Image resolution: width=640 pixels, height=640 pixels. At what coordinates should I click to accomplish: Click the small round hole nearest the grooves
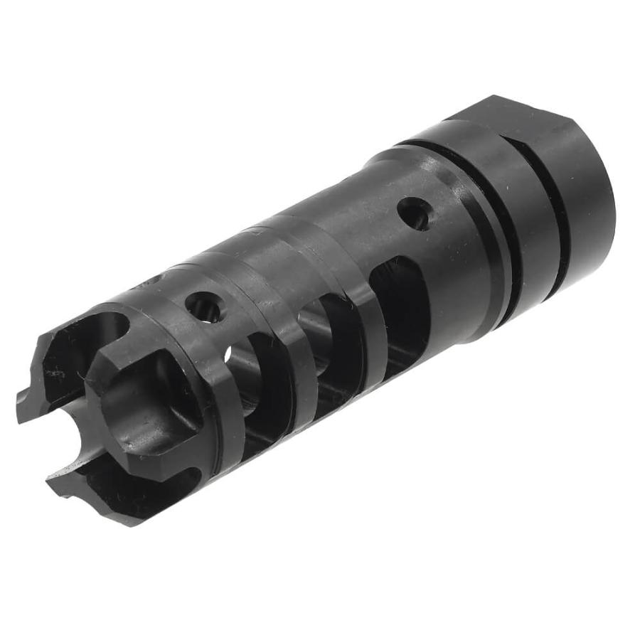click(414, 213)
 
